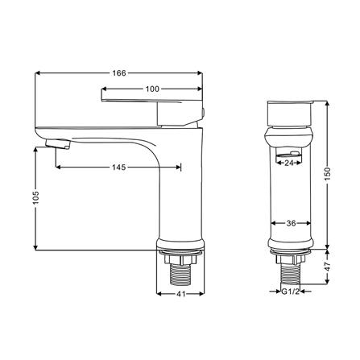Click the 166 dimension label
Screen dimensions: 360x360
119,73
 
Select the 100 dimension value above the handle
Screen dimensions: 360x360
152,89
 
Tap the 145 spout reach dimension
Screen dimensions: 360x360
118,168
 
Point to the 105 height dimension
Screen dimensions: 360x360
36,197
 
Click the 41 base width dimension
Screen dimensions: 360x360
181,294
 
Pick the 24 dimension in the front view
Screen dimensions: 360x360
289,163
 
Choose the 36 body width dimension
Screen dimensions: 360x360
291,223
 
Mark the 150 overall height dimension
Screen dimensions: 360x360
328,174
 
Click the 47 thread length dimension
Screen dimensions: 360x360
328,267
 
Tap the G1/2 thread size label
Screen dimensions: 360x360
290,292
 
